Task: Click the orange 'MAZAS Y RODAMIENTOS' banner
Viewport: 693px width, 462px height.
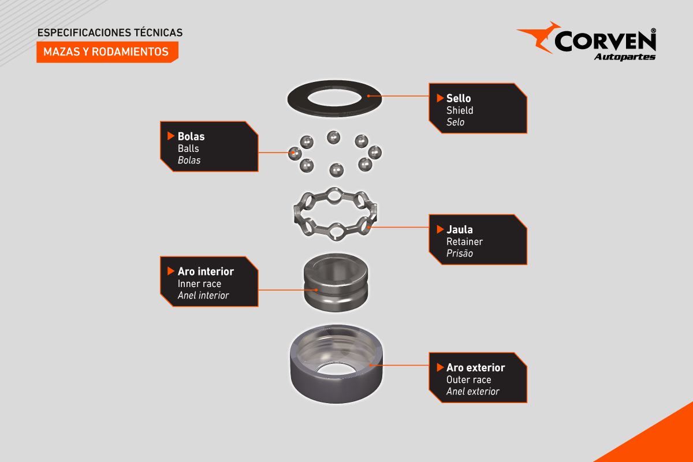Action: pos(107,52)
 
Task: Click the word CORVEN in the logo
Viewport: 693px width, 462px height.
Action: pos(605,41)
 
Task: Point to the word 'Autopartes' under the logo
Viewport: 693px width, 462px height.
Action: pos(625,57)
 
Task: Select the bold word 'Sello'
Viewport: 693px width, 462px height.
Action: pos(459,98)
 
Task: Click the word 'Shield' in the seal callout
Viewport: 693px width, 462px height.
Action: pos(460,110)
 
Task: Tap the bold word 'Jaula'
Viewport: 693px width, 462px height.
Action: pos(460,230)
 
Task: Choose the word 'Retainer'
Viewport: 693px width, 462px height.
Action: pos(464,241)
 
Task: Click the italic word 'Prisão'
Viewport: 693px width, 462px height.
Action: pos(460,254)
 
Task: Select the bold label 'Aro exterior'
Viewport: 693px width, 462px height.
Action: pos(475,368)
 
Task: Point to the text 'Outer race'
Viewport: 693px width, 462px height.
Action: pos(469,379)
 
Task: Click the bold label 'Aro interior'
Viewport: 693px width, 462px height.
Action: pos(206,271)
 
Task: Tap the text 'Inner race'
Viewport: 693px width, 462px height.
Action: pos(199,284)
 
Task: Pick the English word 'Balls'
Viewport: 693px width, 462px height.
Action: pos(188,148)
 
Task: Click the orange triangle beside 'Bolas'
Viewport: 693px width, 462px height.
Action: pos(171,136)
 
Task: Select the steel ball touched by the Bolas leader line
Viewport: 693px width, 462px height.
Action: pos(295,154)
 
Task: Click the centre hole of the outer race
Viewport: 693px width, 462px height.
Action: pos(336,368)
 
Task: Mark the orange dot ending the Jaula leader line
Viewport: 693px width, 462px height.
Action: pos(368,227)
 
